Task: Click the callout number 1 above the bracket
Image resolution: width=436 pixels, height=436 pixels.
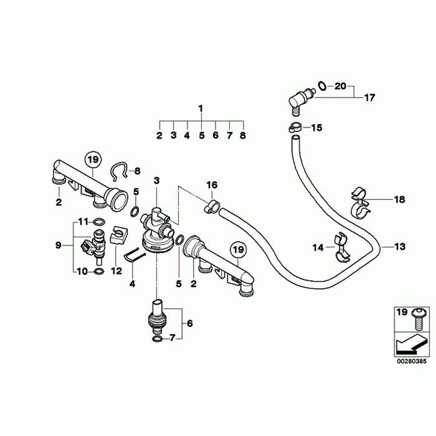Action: click(201, 108)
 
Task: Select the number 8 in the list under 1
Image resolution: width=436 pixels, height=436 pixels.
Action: click(242, 135)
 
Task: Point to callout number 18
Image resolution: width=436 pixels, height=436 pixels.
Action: click(399, 199)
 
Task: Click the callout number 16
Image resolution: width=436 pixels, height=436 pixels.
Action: click(212, 185)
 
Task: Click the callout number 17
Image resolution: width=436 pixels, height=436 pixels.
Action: click(370, 97)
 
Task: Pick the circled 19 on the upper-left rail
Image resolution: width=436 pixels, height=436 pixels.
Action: click(93, 160)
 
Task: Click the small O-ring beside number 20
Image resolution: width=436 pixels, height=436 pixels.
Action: click(322, 85)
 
